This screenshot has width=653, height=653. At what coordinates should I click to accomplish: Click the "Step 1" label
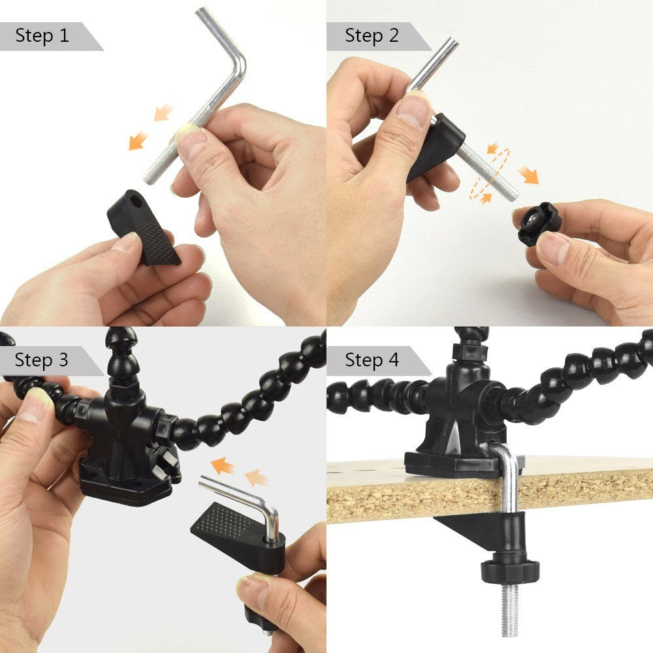tap(42, 35)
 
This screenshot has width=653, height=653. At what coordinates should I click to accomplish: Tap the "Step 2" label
tap(372, 35)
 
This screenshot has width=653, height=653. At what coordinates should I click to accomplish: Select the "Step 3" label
tap(42, 360)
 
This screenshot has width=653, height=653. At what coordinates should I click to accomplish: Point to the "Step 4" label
tap(372, 360)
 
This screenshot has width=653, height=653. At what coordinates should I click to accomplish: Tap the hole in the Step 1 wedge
tap(135, 195)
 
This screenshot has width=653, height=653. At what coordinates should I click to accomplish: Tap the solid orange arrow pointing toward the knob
tap(528, 175)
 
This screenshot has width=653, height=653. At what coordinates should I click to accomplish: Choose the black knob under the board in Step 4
tap(510, 570)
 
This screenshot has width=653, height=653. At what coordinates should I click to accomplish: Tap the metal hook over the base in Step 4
tap(505, 457)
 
